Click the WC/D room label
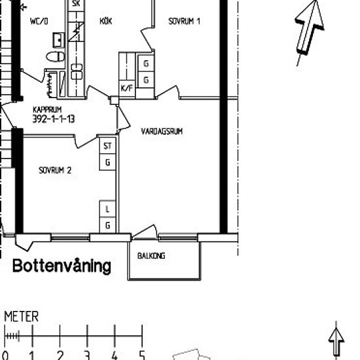[39, 22]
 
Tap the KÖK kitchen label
[106, 21]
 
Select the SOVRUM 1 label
[184, 21]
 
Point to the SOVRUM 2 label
[55, 170]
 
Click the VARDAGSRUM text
[162, 132]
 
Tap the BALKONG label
[151, 255]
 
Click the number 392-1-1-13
[54, 118]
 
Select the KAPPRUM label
[47, 109]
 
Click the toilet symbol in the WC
[56, 56]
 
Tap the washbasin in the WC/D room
[58, 40]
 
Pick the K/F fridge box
[127, 88]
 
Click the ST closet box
[107, 145]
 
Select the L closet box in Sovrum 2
[107, 209]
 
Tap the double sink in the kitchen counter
[77, 71]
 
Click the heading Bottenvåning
[62, 266]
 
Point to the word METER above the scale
[22, 317]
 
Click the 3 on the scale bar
[87, 355]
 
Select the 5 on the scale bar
[142, 355]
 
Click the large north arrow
[309, 29]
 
